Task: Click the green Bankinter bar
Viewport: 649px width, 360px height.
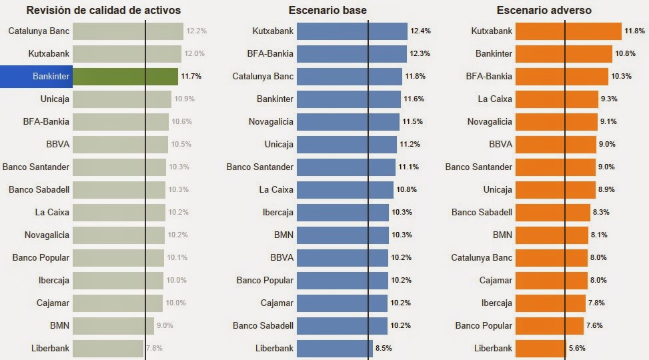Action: point(125,76)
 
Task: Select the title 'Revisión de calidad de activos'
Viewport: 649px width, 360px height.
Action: point(103,11)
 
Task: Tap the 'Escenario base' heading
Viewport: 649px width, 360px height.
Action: point(328,11)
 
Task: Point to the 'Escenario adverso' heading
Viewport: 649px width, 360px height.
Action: point(544,11)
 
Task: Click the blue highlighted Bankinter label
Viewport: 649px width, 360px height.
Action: point(35,76)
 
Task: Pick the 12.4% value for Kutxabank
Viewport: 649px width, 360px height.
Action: point(420,31)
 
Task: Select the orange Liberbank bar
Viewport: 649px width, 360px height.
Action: point(540,348)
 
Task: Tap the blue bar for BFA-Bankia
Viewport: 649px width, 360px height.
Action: point(351,54)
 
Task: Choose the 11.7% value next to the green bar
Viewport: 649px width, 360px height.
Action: point(191,77)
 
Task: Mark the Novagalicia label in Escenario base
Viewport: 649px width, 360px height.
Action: point(269,122)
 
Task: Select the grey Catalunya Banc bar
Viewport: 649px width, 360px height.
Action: point(127,31)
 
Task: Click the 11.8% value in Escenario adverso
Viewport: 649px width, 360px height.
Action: point(634,31)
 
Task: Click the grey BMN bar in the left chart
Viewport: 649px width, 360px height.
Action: point(113,325)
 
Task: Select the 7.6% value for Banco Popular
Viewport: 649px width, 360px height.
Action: point(595,325)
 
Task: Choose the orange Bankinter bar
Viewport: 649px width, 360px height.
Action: point(564,54)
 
